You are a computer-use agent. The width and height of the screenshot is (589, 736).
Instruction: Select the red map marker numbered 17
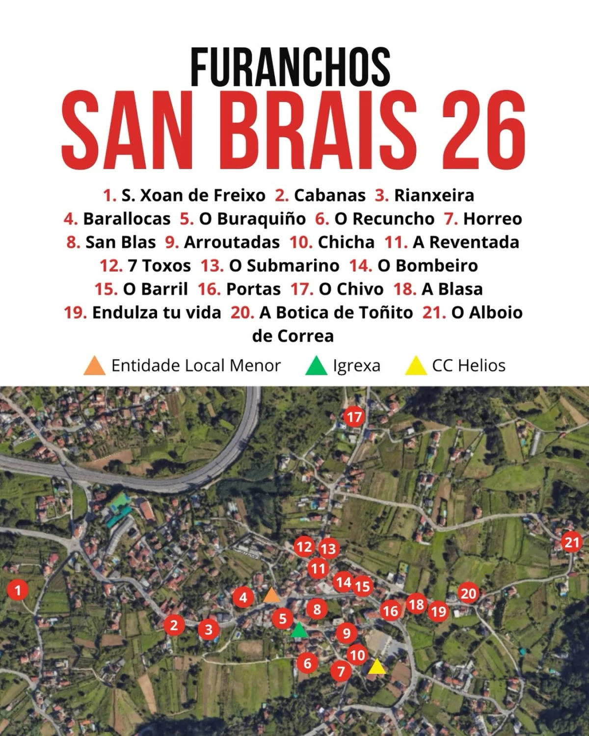pyautogui.click(x=354, y=417)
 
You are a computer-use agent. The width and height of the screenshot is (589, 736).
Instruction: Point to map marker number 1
pyautogui.click(x=19, y=590)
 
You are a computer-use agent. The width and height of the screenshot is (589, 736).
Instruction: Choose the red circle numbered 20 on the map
pyautogui.click(x=468, y=594)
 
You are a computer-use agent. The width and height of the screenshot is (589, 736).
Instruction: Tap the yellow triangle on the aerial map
pyautogui.click(x=376, y=667)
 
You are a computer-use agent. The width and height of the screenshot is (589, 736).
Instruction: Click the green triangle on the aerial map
pyautogui.click(x=299, y=631)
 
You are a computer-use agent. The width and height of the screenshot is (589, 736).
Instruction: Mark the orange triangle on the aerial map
pyautogui.click(x=271, y=595)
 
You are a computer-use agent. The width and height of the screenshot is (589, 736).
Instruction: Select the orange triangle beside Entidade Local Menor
pyautogui.click(x=95, y=366)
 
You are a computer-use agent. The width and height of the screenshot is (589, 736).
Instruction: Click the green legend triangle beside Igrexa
pyautogui.click(x=316, y=366)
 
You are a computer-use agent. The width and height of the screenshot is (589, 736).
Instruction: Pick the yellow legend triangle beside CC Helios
pyautogui.click(x=416, y=366)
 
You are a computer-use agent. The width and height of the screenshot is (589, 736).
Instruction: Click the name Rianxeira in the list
pyautogui.click(x=434, y=195)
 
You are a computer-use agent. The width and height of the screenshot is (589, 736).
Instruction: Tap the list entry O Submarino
pyautogui.click(x=284, y=265)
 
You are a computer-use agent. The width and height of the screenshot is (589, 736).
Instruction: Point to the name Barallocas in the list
pyautogui.click(x=127, y=219)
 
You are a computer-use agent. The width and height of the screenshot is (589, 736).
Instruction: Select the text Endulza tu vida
pyautogui.click(x=157, y=313)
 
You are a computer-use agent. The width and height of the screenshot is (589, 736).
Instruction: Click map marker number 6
pyautogui.click(x=308, y=663)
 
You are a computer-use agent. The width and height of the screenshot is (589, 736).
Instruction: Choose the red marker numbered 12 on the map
pyautogui.click(x=304, y=547)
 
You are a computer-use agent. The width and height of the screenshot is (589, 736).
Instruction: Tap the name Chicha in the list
pyautogui.click(x=346, y=242)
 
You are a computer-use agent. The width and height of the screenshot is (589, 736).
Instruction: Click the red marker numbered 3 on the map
pyautogui.click(x=209, y=630)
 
